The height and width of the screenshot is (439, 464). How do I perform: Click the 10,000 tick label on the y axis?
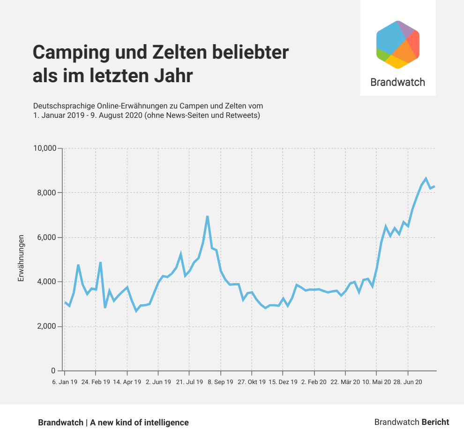coord(45,148)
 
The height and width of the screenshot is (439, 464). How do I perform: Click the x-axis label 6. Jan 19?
coord(65,382)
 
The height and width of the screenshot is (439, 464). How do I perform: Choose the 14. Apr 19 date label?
coord(127,382)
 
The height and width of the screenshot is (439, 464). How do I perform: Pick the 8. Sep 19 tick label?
coord(220,382)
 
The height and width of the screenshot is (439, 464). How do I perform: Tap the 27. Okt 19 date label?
coord(252,382)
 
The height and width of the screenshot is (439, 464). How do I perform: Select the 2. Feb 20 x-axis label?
coord(314,382)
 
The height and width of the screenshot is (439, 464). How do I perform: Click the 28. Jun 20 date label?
coord(407,382)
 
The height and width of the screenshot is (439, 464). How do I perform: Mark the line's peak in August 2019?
coord(207,216)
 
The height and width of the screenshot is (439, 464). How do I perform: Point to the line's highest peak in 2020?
coord(426,178)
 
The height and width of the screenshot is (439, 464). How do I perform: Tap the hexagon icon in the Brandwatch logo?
coord(398,45)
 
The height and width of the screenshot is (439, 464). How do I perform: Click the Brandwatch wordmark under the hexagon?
coord(397,82)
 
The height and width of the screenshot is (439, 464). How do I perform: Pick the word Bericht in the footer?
coord(435,422)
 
